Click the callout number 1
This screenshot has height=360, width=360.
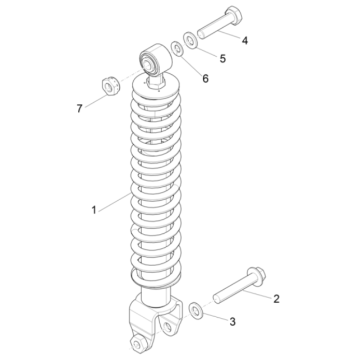(x=94, y=210)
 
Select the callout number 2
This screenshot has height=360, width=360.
(x=276, y=299)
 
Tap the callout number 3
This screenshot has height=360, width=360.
(x=232, y=322)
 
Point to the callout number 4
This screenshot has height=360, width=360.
(x=245, y=41)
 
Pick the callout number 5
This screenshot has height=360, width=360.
(x=223, y=59)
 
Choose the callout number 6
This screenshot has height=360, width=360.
(x=205, y=79)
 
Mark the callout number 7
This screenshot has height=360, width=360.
(x=79, y=109)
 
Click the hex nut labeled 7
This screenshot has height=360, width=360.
(x=108, y=86)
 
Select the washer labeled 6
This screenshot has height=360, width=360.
(x=177, y=49)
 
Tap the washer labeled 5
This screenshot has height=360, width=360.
(x=191, y=40)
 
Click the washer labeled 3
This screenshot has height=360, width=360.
(x=196, y=310)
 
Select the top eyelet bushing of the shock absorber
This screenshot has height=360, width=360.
(x=155, y=60)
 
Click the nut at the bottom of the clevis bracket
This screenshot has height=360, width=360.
(x=137, y=343)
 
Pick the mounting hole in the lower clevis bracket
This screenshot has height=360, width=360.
(x=168, y=326)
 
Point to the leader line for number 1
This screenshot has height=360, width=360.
(x=115, y=202)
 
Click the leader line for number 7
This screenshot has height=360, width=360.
(x=97, y=100)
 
